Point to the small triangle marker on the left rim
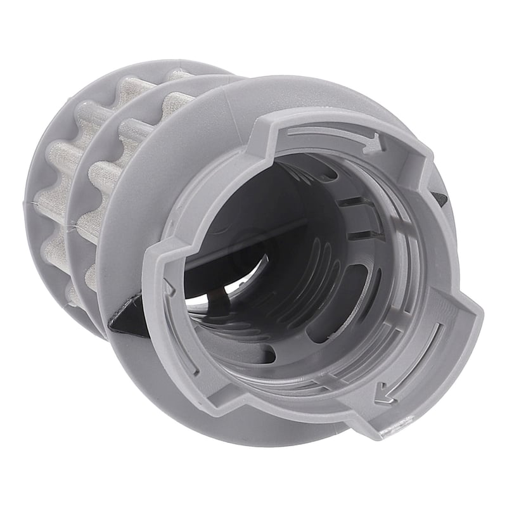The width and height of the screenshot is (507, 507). (168, 286)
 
